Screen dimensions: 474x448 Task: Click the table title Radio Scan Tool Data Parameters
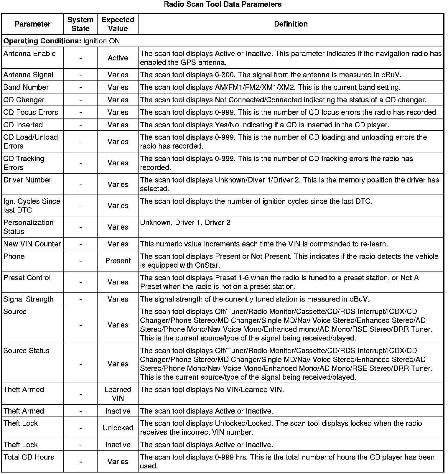pyautogui.click(x=223, y=4)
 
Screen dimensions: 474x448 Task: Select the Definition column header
pyautogui.click(x=291, y=24)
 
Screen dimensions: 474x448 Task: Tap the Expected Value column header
pyautogui.click(x=118, y=24)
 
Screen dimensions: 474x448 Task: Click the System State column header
pyautogui.click(x=80, y=24)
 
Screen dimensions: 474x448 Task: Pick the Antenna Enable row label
pyautogui.click(x=29, y=54)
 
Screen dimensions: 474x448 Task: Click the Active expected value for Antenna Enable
pyautogui.click(x=118, y=58)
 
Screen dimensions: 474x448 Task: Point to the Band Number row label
pyautogui.click(x=26, y=88)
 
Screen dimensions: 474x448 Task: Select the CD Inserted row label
pyautogui.click(x=23, y=125)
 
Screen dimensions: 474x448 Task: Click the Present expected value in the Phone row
pyautogui.click(x=118, y=261)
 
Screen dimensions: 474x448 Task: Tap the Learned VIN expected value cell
pyautogui.click(x=118, y=394)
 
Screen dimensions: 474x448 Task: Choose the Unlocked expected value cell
pyautogui.click(x=118, y=428)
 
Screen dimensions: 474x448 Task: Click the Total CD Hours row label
pyautogui.click(x=29, y=457)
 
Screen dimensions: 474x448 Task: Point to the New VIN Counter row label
pyautogui.click(x=32, y=244)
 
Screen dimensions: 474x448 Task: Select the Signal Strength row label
pyautogui.click(x=29, y=299)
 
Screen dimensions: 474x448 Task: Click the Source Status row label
pyautogui.click(x=27, y=351)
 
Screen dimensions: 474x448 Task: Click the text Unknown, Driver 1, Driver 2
pyautogui.click(x=185, y=223)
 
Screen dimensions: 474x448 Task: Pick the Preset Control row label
pyautogui.click(x=27, y=278)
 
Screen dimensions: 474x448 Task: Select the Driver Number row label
pyautogui.click(x=27, y=180)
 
